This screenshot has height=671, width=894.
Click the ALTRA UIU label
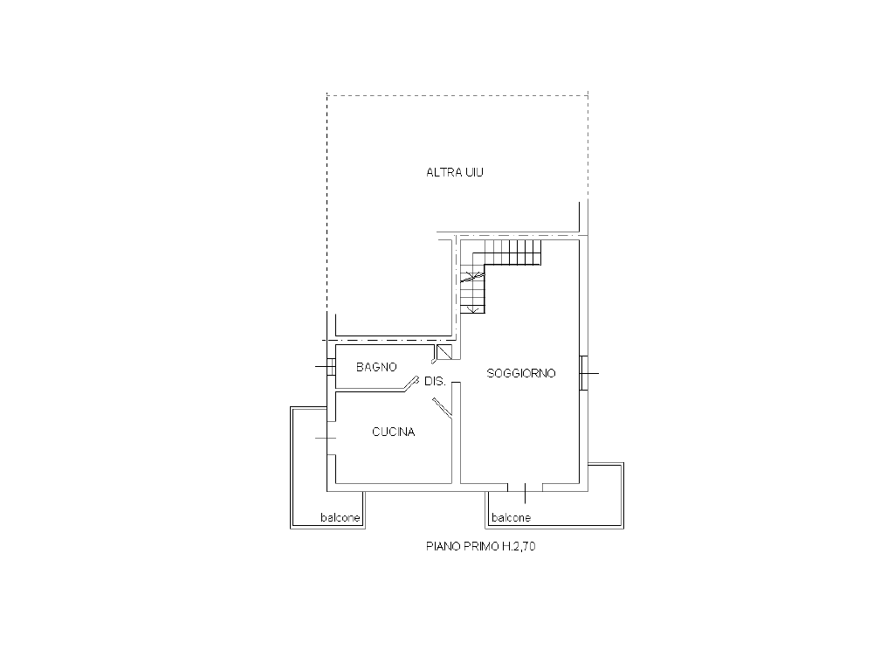[454, 172]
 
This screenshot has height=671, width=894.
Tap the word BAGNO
[376, 367]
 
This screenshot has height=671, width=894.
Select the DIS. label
[435, 381]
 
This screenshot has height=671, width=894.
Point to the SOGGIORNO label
[521, 373]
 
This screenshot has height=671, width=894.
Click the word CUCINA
[394, 432]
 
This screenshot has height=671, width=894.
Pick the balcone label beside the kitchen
[340, 517]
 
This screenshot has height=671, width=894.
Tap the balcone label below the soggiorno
[511, 517]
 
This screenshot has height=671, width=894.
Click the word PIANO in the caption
[444, 546]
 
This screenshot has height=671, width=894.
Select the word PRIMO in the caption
[481, 546]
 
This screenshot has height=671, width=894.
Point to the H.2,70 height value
[519, 546]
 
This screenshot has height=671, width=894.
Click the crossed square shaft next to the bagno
[444, 352]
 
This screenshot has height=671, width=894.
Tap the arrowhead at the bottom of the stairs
[472, 309]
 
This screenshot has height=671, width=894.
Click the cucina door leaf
[442, 407]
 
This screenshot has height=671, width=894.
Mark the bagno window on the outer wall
[330, 366]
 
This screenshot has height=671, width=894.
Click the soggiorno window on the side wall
[582, 373]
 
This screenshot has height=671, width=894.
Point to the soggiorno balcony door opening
[525, 487]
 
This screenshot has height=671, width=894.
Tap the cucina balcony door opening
[331, 438]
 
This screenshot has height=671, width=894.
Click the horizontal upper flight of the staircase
[512, 252]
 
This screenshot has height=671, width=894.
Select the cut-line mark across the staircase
[473, 277]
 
